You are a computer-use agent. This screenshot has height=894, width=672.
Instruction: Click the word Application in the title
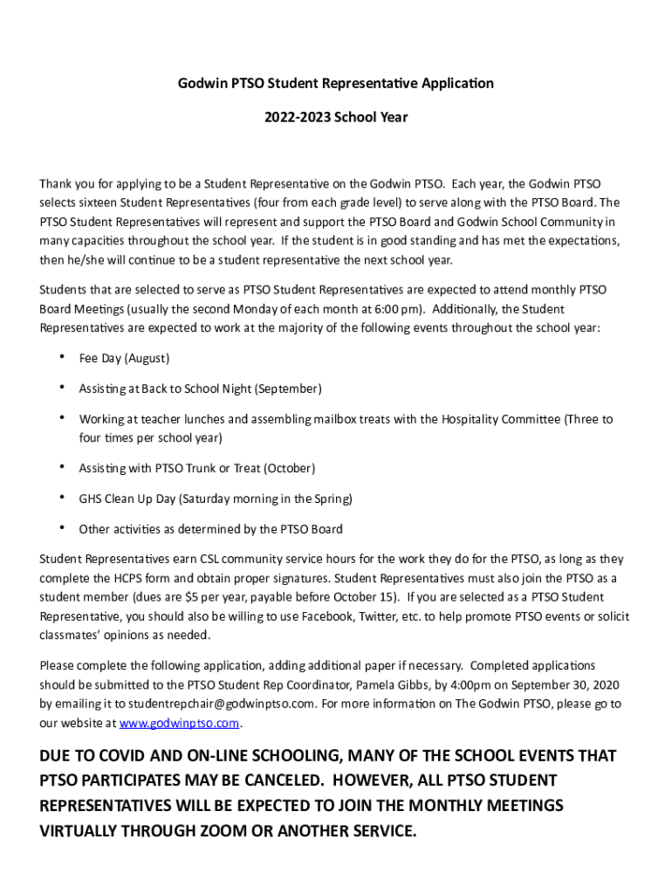pos(451,84)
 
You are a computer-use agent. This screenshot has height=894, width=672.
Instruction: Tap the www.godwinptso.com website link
pos(179,723)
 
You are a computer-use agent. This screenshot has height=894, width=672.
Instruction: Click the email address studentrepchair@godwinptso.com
pos(222,704)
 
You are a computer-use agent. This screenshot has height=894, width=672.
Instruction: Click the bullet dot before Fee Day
pos(62,357)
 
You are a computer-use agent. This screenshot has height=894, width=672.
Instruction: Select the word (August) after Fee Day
pos(147,359)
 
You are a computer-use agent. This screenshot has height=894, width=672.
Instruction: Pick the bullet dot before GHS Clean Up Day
pos(62,498)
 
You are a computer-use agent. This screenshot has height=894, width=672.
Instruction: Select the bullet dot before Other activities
pos(62,527)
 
